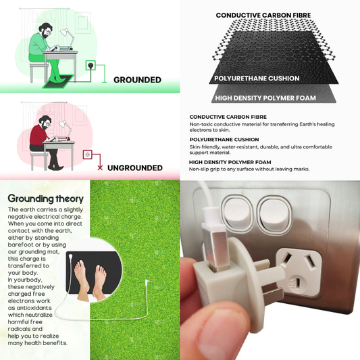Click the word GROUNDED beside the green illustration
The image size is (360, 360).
(x=137, y=80)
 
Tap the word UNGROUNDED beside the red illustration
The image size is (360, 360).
(x=135, y=168)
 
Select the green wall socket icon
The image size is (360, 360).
(x=91, y=66)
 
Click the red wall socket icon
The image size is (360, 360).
(x=88, y=155)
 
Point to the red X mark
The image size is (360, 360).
(x=100, y=168)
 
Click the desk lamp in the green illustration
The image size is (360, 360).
(x=67, y=38)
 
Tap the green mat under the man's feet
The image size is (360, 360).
(x=58, y=82)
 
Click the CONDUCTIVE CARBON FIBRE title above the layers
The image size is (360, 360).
(x=263, y=16)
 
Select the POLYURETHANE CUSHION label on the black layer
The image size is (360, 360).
(x=257, y=78)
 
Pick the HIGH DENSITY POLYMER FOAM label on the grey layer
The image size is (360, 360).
(x=265, y=98)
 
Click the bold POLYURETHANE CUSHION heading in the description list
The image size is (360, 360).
(x=224, y=140)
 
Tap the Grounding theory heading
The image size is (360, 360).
(x=45, y=199)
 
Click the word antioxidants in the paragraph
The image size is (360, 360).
(x=30, y=308)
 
